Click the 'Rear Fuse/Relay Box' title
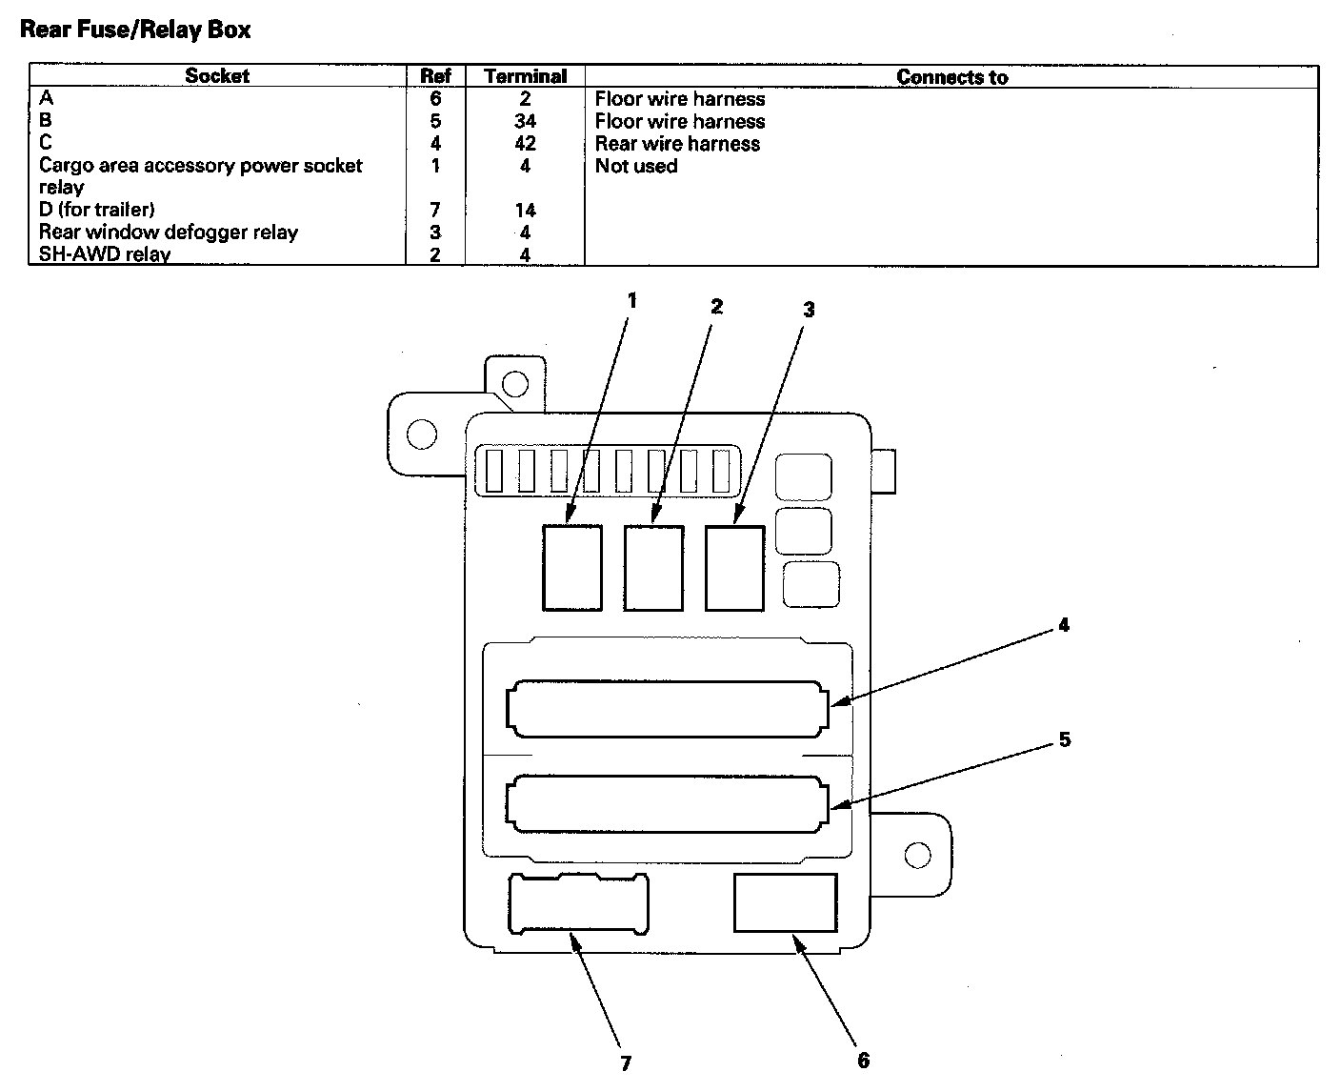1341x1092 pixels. [135, 30]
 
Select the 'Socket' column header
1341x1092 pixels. [217, 76]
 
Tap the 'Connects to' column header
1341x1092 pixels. [951, 77]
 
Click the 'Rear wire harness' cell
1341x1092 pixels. [677, 144]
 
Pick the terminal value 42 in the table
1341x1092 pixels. [525, 144]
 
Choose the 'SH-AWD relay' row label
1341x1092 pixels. [105, 254]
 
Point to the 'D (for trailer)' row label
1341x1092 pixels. [96, 210]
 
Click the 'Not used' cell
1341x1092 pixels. [636, 166]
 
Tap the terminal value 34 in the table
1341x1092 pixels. [525, 121]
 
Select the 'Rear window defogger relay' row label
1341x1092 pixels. [169, 233]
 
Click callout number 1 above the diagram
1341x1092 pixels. [631, 300]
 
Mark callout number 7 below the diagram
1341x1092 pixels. [626, 1063]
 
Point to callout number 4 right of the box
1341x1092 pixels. [1063, 625]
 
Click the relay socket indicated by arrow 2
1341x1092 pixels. [653, 567]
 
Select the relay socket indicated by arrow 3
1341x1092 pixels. [734, 567]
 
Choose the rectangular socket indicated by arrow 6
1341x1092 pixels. [785, 902]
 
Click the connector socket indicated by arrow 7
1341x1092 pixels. [579, 902]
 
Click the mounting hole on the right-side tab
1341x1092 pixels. [917, 855]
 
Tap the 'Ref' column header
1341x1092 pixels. [435, 76]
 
